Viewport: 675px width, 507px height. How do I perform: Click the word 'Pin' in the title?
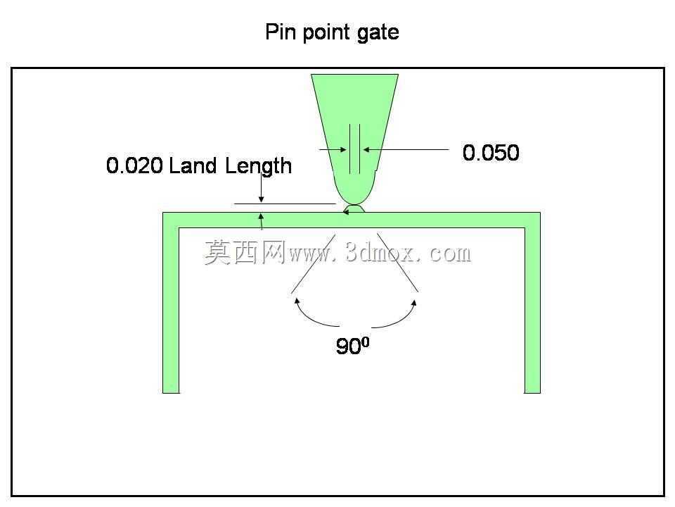coord(281,32)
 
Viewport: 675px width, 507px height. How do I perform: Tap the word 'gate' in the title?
coord(378,34)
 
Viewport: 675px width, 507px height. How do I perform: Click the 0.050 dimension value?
coord(491,153)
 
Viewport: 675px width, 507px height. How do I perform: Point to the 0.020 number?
coord(134,165)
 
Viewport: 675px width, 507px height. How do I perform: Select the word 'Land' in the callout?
coord(193,165)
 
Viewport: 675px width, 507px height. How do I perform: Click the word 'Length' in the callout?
coord(258,167)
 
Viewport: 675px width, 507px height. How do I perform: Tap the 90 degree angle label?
coord(352,345)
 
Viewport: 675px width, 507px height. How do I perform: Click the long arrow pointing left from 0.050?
coord(406,149)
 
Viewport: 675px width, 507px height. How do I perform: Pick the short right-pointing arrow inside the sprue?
coord(333,149)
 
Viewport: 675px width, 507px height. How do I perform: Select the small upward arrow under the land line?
coord(261,221)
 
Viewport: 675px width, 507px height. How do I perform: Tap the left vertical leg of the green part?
coord(171,306)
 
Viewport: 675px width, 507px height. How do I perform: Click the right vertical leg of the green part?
coord(532,306)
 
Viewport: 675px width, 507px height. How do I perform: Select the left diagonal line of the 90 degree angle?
coord(313,263)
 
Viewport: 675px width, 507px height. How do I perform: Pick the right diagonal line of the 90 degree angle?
coord(397,263)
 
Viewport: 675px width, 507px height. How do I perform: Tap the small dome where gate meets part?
coord(354,209)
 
